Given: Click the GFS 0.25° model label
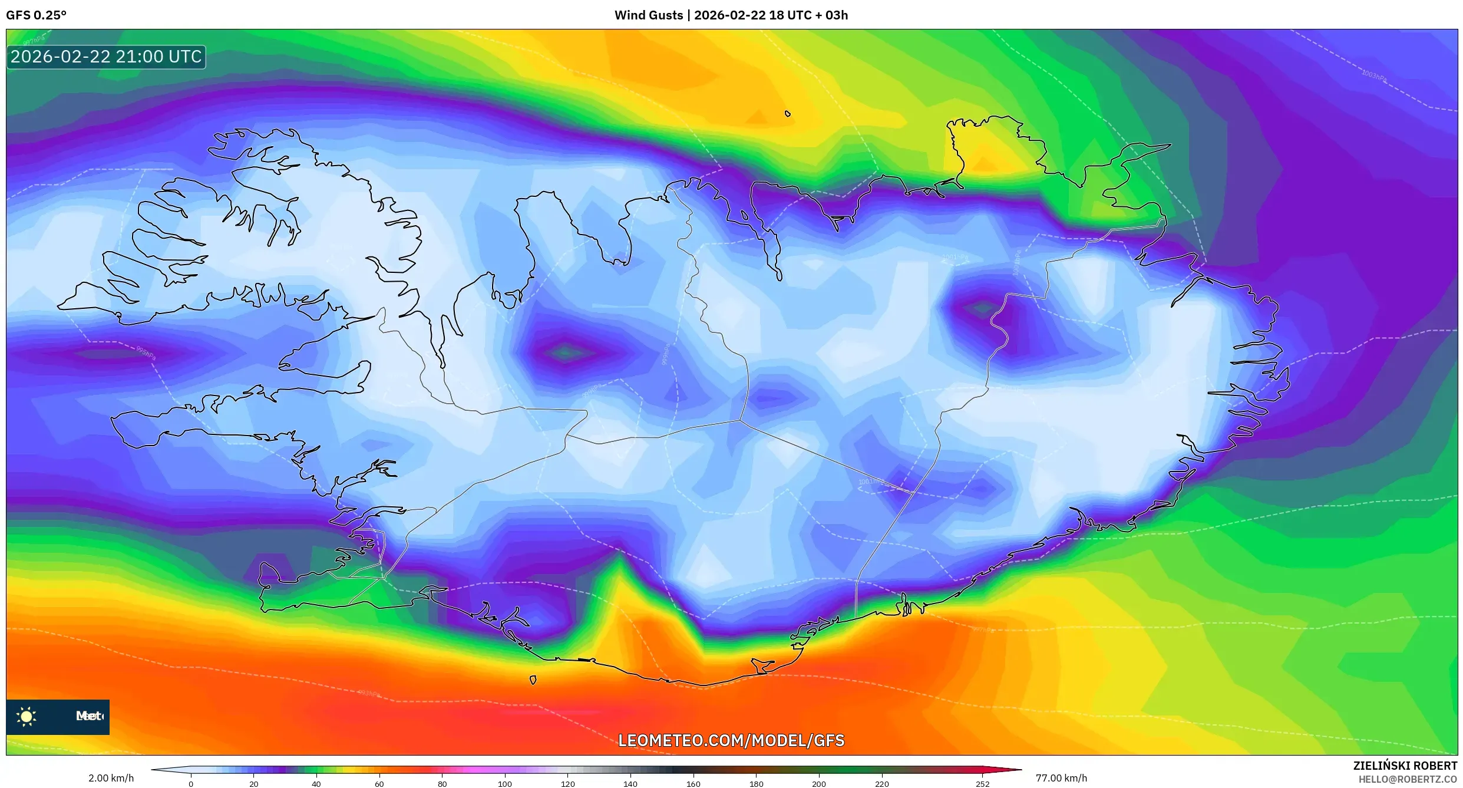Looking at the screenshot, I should coord(36,15).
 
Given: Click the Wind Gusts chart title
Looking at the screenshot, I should coord(731,15).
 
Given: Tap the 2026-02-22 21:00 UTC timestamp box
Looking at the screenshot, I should coord(106,57).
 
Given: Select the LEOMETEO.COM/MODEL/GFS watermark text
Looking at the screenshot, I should coord(731,740).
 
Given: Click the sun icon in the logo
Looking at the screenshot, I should coord(27,717).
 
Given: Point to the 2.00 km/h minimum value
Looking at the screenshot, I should coord(111,778).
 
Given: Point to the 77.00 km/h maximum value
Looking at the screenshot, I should coord(1061,778).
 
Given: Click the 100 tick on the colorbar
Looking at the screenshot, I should coord(505,783).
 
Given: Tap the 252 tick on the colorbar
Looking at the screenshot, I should coord(982,783).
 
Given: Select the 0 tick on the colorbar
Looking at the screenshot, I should coord(191,783).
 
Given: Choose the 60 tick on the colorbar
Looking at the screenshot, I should coord(379,783).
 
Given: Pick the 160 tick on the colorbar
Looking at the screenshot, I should coord(693,783).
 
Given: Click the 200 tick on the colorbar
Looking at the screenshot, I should coord(819,783).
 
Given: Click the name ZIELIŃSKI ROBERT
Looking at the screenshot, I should coord(1405,766).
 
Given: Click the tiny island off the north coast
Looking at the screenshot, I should coord(788,114).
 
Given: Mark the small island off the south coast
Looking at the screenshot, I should coord(533,680).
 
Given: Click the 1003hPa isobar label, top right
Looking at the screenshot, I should coord(1373,76).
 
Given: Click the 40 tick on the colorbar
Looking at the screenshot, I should coord(316,783).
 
